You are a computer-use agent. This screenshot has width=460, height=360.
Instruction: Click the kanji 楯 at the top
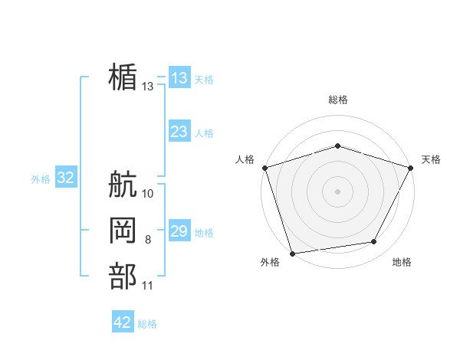point(123,77)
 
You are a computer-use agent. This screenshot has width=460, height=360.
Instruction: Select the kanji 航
point(123,185)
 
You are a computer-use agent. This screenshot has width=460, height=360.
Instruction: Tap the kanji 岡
point(123,231)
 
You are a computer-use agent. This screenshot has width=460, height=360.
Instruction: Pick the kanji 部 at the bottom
point(123,277)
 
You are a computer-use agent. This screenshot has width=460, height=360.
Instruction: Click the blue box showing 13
point(179,78)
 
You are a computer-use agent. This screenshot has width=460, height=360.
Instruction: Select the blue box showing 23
point(179,132)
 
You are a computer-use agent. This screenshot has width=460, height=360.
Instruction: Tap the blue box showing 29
point(179,231)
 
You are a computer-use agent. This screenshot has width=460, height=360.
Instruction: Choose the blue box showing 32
point(66,178)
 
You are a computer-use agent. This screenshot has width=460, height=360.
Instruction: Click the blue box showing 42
point(123,322)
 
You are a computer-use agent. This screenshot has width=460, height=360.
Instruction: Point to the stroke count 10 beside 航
point(148,194)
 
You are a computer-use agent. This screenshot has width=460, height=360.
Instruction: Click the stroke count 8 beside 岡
point(148,240)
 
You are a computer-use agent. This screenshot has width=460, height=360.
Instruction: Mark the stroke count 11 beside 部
point(148,286)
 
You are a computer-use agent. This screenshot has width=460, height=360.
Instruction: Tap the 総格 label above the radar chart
point(337,100)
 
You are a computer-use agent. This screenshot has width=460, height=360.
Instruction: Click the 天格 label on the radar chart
point(431,159)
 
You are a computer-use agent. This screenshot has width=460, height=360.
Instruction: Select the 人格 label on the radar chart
point(245,159)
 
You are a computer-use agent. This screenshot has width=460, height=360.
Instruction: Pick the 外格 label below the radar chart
point(270,262)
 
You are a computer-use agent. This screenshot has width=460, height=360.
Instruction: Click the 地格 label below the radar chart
point(402,262)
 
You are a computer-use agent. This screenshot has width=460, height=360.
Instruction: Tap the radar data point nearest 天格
point(410,167)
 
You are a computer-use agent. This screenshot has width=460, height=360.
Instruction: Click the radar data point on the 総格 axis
point(337,146)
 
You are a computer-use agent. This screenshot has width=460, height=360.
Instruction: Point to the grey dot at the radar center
point(337,191)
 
